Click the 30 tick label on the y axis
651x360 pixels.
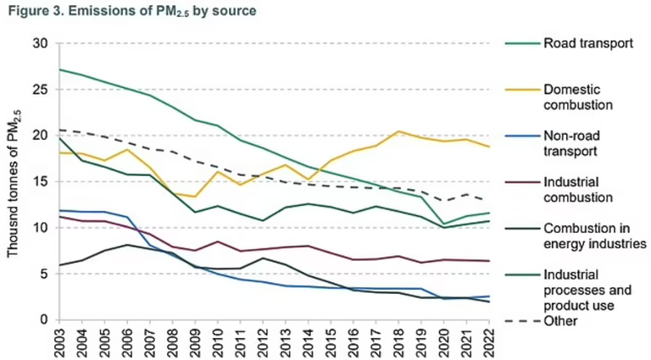click(x=41, y=43)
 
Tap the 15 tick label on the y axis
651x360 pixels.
click(x=41, y=181)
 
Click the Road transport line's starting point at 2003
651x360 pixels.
click(x=60, y=69)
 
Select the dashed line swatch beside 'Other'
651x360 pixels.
click(x=521, y=321)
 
